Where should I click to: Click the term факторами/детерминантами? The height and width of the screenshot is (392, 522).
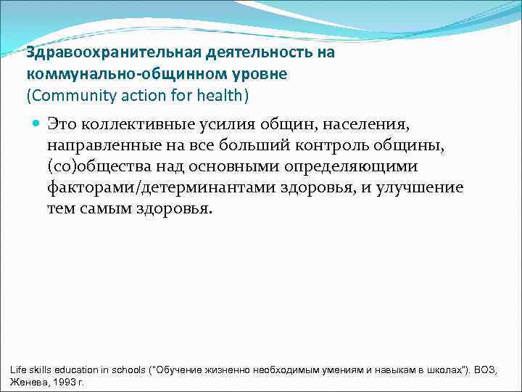[x=170, y=188]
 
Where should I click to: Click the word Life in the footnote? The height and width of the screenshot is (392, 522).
[x=18, y=370]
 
